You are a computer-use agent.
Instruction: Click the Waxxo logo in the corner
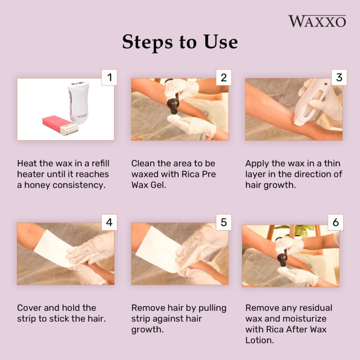[317, 21]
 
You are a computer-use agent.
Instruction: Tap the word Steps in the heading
[147, 42]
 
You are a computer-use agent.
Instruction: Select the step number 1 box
[109, 77]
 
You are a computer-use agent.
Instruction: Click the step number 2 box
[224, 77]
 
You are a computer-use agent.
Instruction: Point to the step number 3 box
[339, 77]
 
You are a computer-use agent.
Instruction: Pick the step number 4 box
[109, 222]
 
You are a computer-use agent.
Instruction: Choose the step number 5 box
[224, 222]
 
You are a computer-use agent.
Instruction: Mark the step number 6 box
[336, 222]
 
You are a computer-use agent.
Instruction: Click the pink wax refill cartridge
[60, 125]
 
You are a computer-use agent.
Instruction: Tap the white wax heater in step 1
[78, 102]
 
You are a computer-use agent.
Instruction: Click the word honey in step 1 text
[37, 185]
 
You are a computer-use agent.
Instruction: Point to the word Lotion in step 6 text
[260, 340]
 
